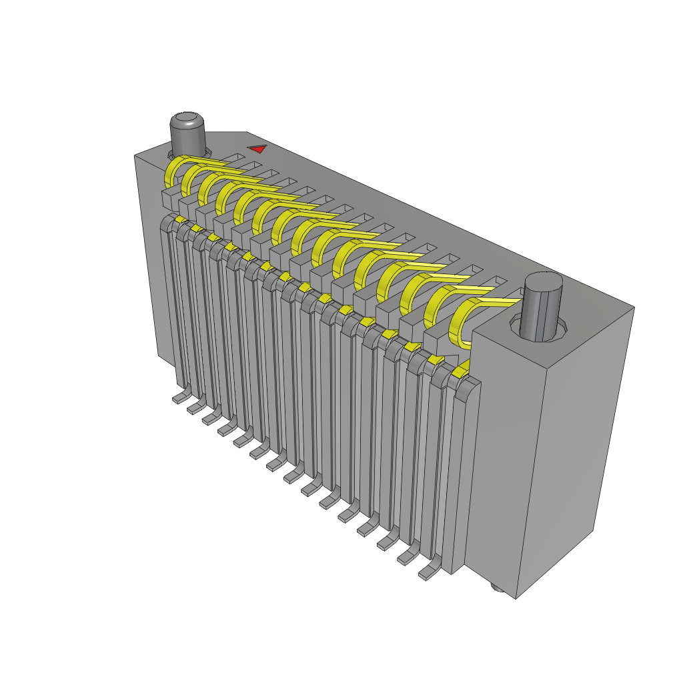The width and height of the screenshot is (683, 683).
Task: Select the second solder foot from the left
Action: click(x=195, y=406)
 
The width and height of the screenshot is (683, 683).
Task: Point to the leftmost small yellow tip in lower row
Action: click(x=180, y=219)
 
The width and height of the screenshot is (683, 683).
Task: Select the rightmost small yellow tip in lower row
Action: click(x=459, y=372)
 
